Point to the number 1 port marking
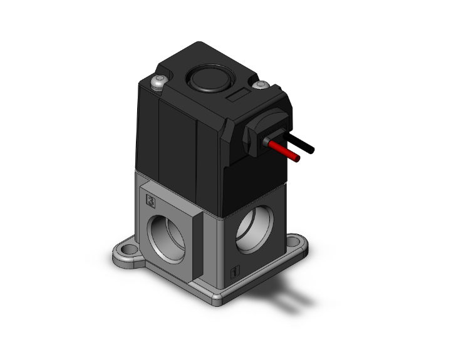pyautogui.click(x=234, y=272)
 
